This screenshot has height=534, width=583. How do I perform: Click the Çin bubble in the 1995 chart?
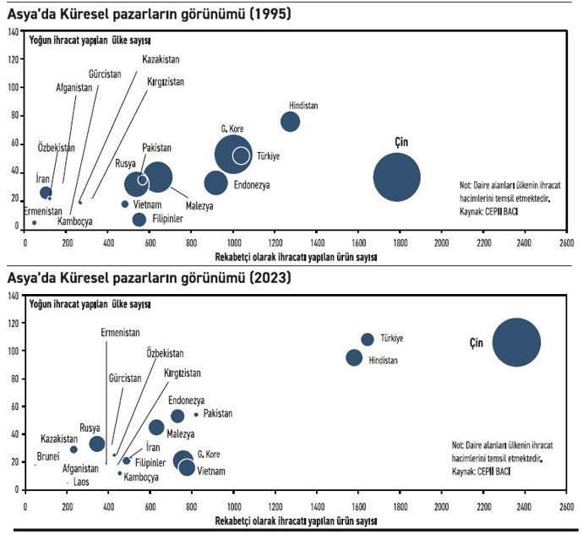[x=397, y=177]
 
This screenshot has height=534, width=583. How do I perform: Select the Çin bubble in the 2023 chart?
[x=516, y=341]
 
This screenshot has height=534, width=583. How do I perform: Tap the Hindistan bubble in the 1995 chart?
[x=290, y=122]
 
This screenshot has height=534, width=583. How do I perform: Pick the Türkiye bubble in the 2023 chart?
[x=368, y=339]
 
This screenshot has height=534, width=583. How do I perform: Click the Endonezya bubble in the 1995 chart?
[x=216, y=182]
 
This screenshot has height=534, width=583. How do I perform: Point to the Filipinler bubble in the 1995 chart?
[x=139, y=220]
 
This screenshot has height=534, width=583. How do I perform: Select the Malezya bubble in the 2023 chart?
[x=156, y=428]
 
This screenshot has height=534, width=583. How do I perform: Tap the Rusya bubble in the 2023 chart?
[x=97, y=444]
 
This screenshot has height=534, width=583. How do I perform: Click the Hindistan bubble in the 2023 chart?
[x=355, y=357]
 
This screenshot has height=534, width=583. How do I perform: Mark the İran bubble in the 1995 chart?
[x=46, y=193]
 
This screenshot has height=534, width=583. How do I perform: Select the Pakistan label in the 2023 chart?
[x=217, y=414]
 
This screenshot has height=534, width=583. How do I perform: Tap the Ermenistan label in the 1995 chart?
[x=42, y=211]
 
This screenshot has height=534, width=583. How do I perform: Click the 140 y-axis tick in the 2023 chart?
[x=14, y=295]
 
